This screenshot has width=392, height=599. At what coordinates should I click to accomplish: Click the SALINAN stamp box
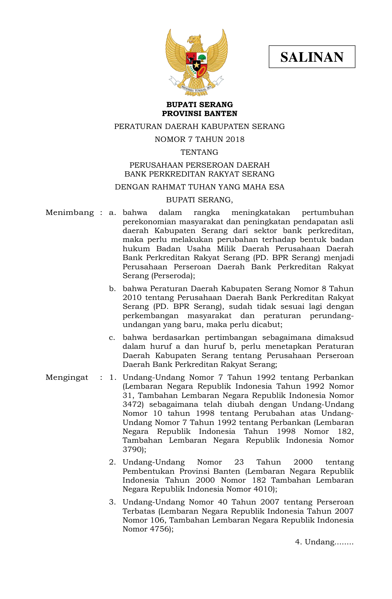point(312,57)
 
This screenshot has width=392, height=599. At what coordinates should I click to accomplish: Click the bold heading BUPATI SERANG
point(199,105)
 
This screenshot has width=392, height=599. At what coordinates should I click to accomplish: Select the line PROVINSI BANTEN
point(199,114)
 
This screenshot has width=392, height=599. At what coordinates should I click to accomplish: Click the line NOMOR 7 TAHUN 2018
point(199,139)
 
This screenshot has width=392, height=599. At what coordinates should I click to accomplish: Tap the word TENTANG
point(199,152)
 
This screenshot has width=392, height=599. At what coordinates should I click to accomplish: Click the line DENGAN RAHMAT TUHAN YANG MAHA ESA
point(199,187)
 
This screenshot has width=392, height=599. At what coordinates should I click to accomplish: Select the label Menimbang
point(70,212)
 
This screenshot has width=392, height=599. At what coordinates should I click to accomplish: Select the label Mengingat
point(67,377)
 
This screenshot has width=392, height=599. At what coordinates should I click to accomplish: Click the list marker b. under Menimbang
point(112,289)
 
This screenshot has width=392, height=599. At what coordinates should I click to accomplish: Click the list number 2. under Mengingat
point(112,462)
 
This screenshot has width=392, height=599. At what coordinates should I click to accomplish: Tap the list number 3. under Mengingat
point(112,502)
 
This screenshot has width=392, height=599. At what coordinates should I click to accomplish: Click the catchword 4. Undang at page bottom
point(324,542)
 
